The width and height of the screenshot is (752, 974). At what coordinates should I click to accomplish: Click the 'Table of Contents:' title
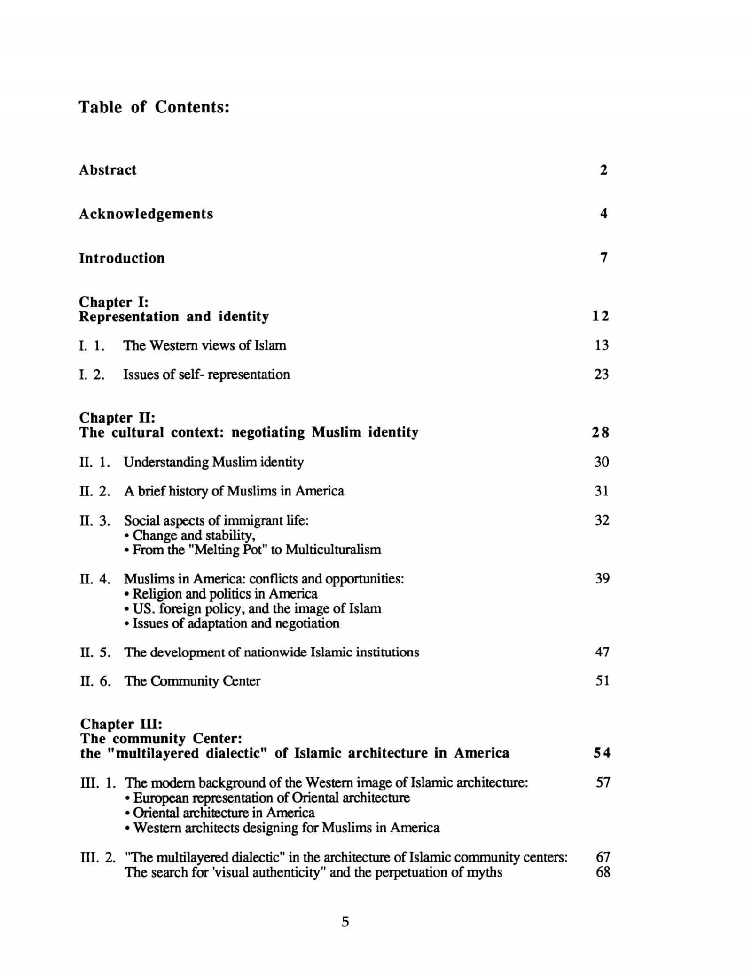pos(154,107)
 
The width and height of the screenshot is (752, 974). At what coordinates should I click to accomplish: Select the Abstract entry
pos(108,170)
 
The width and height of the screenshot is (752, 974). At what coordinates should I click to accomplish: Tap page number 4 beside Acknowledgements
pos(603,214)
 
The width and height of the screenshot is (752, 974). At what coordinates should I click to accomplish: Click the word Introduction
pos(122,258)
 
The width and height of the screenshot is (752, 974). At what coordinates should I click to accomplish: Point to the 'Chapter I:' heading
pos(113,302)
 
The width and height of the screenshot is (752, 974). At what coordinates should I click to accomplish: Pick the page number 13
pos(601,345)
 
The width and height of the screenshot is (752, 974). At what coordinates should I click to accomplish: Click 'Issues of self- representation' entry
pos(206,375)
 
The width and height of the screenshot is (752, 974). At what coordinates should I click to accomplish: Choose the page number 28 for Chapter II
pos(600,432)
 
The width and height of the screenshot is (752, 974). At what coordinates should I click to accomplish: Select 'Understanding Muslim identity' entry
pos(213,462)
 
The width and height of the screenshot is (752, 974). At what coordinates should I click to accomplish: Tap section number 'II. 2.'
pos(94,491)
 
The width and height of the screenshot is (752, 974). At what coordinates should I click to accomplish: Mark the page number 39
pos(602,578)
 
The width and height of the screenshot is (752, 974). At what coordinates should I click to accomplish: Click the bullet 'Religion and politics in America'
pos(225,593)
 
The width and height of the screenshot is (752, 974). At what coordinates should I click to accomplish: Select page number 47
pos(602,652)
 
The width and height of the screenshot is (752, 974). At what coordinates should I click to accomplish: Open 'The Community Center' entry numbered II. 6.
pos(192,681)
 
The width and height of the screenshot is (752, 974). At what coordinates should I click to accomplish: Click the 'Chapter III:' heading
pos(121,724)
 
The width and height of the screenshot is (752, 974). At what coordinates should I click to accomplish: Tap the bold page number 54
pos(601,753)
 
